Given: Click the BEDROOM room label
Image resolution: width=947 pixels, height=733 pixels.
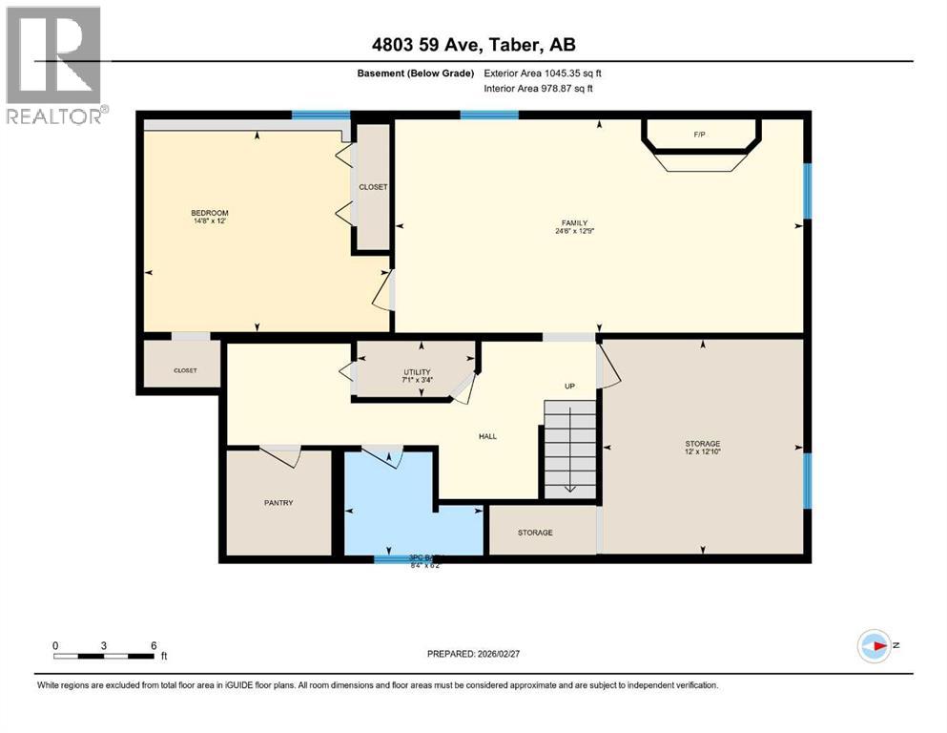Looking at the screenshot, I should (x=209, y=213).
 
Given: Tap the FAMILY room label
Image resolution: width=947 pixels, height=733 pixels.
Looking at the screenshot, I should (x=568, y=223).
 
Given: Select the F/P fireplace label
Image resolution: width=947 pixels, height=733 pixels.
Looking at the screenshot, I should (x=699, y=135).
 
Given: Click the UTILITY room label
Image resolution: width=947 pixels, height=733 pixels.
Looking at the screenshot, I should (x=417, y=372).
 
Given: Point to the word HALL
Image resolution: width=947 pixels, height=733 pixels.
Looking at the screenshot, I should (x=487, y=436).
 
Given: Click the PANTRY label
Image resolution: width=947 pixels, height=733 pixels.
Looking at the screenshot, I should (x=278, y=502).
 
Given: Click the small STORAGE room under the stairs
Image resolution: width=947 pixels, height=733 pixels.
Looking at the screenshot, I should (x=535, y=533).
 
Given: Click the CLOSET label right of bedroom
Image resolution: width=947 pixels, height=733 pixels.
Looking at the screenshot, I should (x=373, y=187).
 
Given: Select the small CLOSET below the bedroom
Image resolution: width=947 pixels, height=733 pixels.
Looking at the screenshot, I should (x=184, y=370).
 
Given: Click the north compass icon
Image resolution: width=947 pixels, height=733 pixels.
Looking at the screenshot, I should (x=874, y=646).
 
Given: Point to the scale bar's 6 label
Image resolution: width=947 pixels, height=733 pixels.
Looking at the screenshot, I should (x=154, y=644).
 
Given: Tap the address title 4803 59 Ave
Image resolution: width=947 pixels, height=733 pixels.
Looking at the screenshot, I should (x=473, y=44).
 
